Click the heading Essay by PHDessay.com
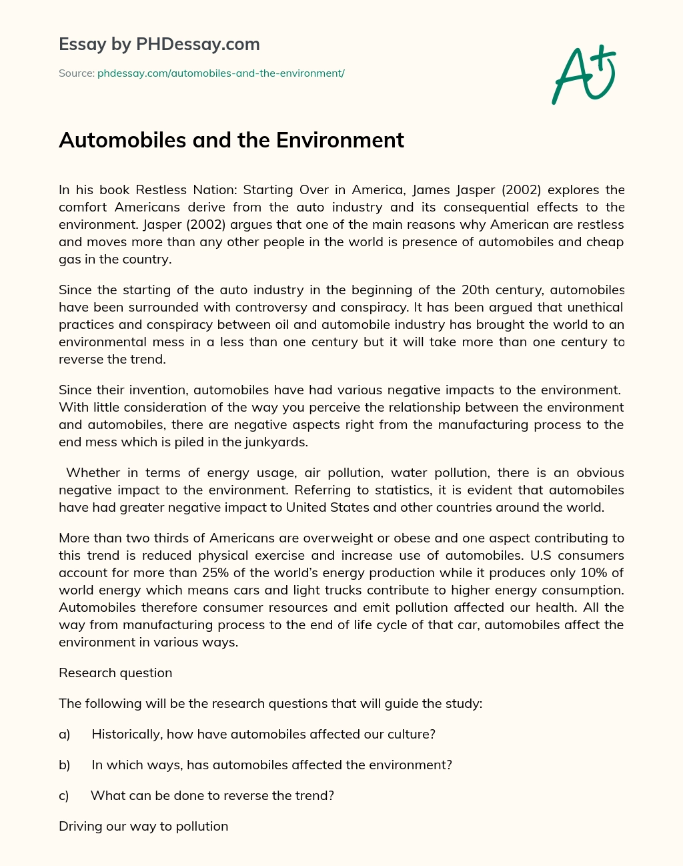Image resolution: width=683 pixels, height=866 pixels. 159,44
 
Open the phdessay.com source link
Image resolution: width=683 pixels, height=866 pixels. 221,73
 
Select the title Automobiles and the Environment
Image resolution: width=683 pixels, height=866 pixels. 231,140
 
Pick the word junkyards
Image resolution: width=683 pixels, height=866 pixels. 277,442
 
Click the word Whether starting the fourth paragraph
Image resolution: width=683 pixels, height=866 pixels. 93,472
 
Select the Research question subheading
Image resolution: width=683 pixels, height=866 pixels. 115,673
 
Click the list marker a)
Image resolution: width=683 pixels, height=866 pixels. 65,734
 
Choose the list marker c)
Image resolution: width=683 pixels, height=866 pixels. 64,795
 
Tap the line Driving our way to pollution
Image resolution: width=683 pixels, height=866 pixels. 143,826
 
